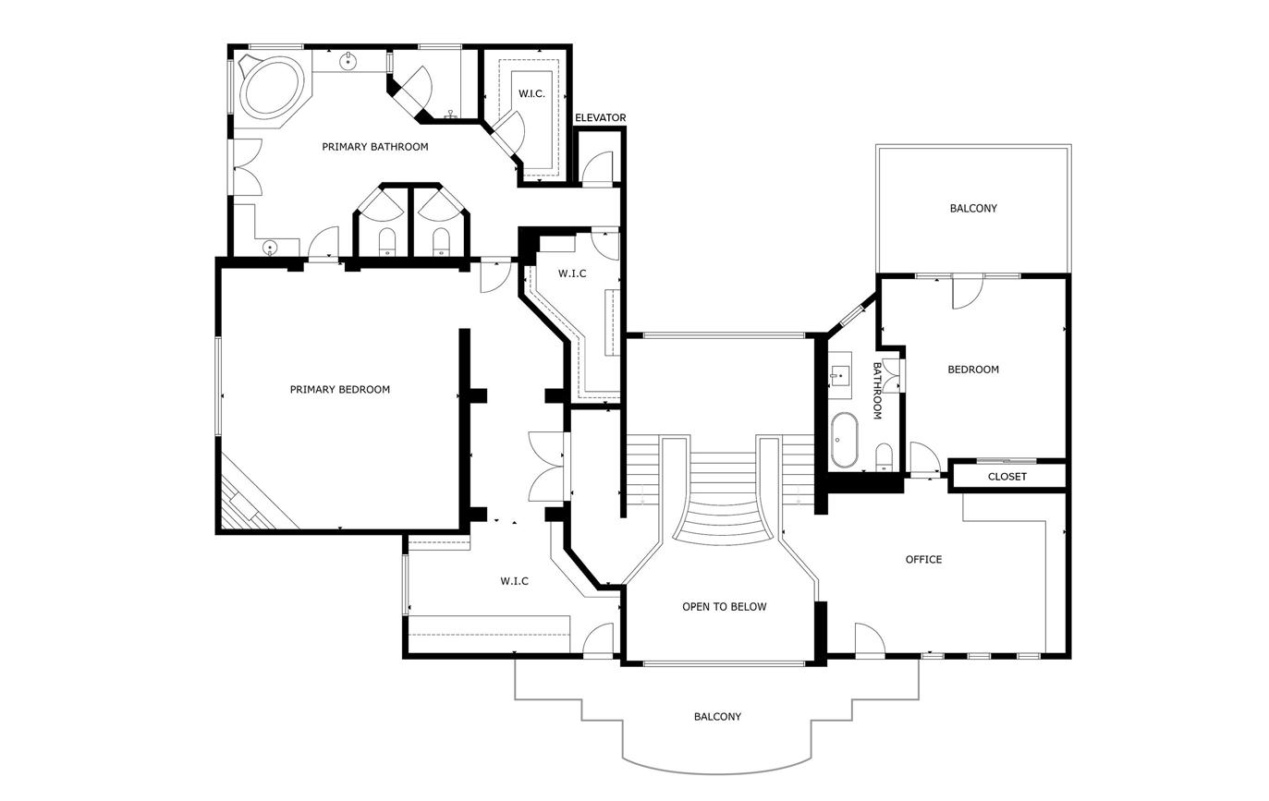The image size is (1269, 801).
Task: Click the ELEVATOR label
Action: (601, 118)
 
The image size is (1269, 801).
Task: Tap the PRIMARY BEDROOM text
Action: (340, 390)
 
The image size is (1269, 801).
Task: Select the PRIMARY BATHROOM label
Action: (375, 147)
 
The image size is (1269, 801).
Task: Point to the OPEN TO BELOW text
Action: (724, 607)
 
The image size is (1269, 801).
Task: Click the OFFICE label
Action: (923, 560)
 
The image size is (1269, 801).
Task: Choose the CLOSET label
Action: (1007, 477)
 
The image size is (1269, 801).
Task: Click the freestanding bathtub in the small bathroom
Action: (844, 440)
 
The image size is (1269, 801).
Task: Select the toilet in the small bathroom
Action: (884, 457)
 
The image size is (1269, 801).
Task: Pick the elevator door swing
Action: (598, 167)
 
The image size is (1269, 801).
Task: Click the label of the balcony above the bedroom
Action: (973, 209)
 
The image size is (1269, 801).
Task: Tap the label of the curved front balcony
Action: (717, 717)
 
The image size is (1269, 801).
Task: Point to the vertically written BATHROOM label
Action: (877, 391)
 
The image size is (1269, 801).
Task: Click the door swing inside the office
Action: (870, 639)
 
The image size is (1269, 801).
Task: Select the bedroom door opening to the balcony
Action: (968, 292)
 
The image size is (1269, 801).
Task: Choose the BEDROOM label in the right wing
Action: (973, 370)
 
